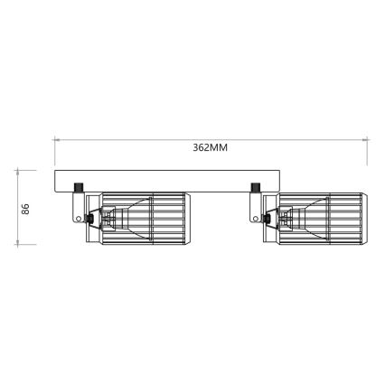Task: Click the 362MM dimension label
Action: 210,147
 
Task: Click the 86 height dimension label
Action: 26,208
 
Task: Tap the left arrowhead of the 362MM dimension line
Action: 56,138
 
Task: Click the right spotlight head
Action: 318,217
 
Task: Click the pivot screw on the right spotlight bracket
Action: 268,217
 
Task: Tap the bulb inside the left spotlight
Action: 113,217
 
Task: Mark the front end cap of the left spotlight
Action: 184,217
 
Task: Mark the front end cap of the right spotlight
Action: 362,217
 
